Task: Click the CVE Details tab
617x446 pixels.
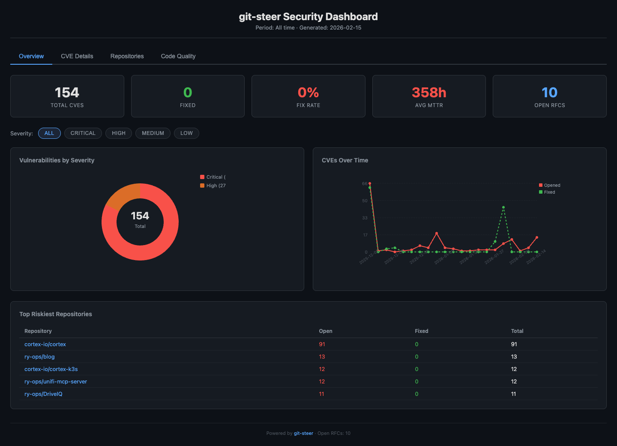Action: click(77, 56)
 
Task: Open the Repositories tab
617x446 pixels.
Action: click(127, 56)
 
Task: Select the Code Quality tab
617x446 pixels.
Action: click(178, 56)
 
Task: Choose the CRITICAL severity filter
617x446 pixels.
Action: click(83, 133)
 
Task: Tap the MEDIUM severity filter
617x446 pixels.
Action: click(153, 133)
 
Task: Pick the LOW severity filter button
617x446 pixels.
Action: click(186, 133)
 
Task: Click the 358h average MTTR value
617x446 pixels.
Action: click(429, 93)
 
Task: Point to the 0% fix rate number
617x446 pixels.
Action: click(308, 93)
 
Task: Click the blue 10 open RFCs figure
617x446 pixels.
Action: click(549, 93)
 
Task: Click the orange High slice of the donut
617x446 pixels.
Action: click(122, 195)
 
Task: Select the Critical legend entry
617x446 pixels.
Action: click(213, 177)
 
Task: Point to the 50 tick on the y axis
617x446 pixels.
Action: click(365, 201)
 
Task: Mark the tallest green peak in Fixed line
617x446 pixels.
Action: click(503, 207)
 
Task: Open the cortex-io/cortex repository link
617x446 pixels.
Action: click(45, 344)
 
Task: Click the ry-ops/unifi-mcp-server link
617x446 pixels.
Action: click(56, 382)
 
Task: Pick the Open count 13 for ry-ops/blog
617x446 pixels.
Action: click(322, 357)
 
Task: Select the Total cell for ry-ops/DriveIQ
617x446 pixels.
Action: click(513, 394)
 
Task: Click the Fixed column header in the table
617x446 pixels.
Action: click(422, 331)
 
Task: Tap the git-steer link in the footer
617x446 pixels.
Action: click(303, 434)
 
